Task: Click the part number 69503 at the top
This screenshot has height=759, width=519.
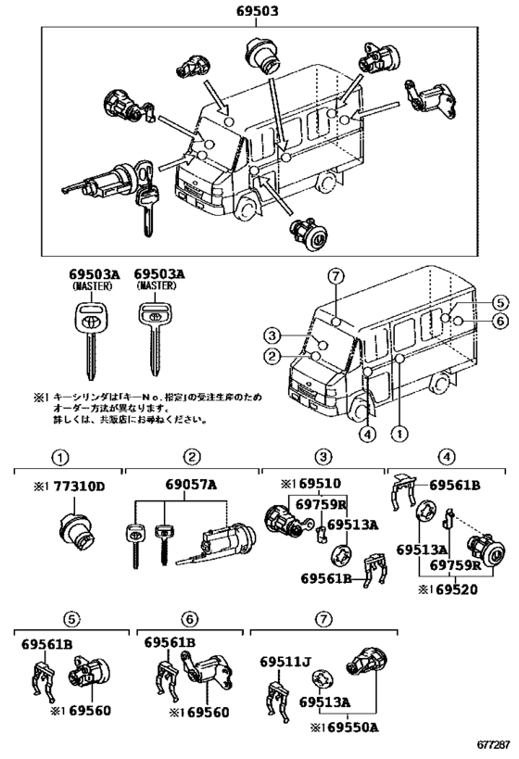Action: pos(259,12)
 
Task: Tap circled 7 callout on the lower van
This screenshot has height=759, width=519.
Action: pos(335,276)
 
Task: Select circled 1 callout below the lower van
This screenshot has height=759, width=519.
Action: pos(399,432)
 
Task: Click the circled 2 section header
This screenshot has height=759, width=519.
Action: pos(190,457)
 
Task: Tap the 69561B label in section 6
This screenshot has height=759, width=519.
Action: pos(170,642)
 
